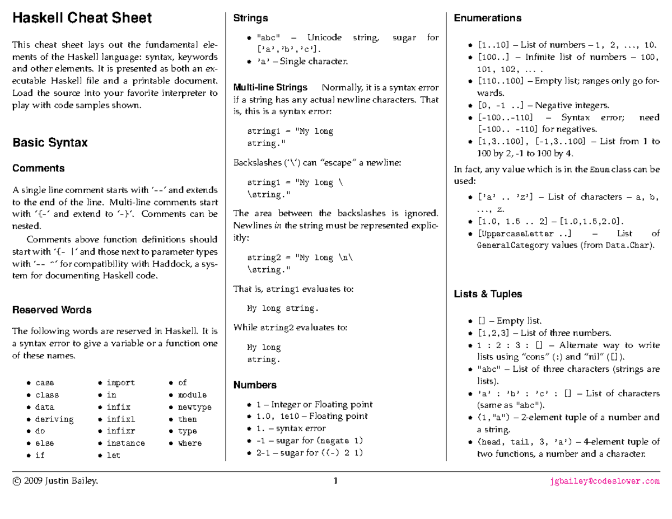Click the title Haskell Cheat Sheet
82,18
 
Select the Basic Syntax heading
50,143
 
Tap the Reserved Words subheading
52,310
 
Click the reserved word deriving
54,419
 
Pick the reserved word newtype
195,407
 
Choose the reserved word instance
126,443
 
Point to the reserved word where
190,443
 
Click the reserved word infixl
121,419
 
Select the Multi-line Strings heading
270,87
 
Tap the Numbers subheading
255,385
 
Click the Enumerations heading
487,18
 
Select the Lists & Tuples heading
488,294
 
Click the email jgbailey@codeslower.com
605,481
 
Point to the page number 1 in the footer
335,481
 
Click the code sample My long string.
283,308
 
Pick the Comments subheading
38,169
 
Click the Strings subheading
250,18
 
